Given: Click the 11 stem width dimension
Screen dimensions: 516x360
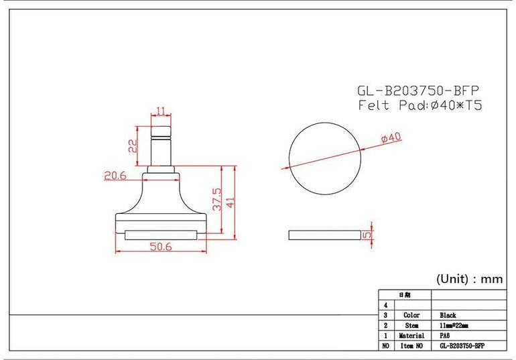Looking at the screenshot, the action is click(x=161, y=111).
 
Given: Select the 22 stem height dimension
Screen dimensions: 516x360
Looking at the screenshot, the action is click(x=133, y=145).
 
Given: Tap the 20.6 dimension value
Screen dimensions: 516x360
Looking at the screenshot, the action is click(x=115, y=176).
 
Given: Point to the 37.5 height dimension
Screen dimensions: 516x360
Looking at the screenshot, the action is click(x=217, y=199).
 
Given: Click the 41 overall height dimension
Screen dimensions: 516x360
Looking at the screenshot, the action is click(x=231, y=202).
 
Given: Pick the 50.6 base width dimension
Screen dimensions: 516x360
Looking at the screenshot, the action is click(x=161, y=247).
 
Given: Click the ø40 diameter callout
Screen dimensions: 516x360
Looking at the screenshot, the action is click(x=391, y=137).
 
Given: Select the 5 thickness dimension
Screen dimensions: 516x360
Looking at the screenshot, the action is click(x=367, y=235).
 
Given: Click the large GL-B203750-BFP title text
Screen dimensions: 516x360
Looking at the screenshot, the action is click(x=418, y=91).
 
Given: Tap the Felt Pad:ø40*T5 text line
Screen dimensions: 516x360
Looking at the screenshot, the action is click(x=420, y=105).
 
